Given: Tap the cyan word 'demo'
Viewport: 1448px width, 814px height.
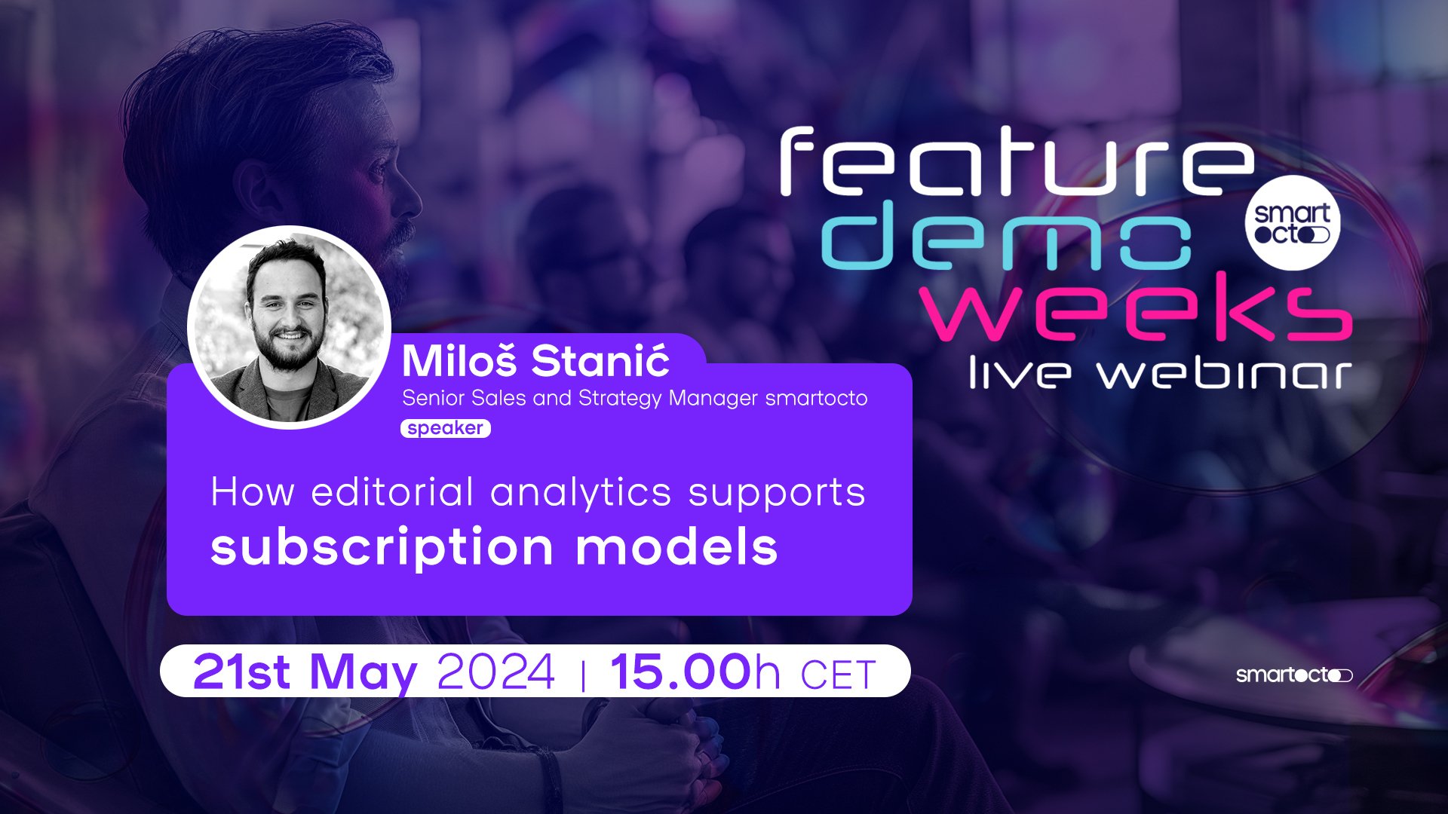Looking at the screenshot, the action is point(1007,235).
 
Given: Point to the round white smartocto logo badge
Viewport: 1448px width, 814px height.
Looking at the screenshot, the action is point(1292,223).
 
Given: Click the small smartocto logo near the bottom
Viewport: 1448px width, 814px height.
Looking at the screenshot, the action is point(1294,675).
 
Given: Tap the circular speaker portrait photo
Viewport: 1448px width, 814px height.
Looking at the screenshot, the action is point(289,328).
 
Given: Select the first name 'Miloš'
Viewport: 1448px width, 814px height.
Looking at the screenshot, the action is point(459,361).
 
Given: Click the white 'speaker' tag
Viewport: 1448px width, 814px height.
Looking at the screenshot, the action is point(446,428).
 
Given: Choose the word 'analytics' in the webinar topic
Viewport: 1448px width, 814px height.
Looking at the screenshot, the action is point(581,493).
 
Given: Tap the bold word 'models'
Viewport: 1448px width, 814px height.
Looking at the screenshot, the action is point(676,546).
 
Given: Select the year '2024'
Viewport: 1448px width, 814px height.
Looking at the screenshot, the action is point(496,672).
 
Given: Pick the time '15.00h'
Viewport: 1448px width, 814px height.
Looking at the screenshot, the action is point(695,672).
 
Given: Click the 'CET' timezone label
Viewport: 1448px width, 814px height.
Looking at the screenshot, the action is point(838,675).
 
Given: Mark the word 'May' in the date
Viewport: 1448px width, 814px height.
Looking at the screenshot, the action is point(364,673).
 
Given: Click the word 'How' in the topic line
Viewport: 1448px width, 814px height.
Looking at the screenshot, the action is point(253,493).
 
